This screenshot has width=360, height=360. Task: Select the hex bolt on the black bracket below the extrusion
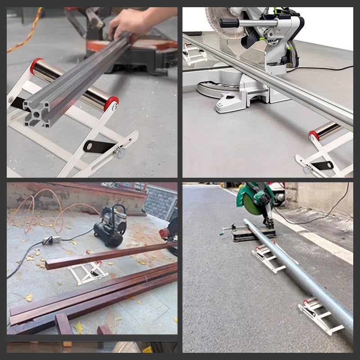[120, 152]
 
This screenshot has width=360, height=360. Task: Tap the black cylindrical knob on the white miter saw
[227, 23]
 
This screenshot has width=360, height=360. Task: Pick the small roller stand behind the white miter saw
[194, 53]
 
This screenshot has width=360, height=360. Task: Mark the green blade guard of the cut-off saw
[254, 198]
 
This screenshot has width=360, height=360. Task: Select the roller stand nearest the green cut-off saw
[268, 256]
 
